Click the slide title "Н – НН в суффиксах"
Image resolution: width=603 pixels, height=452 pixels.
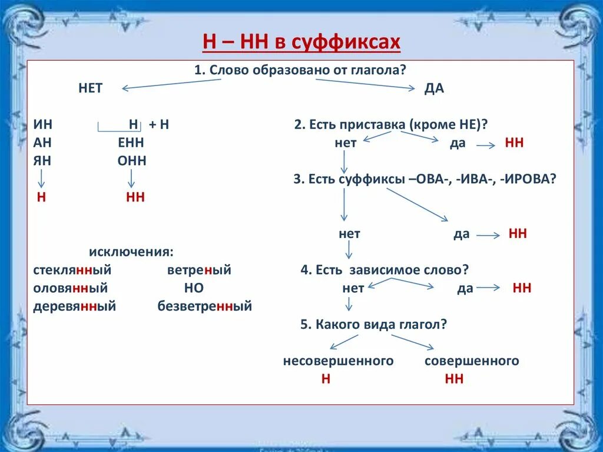301,42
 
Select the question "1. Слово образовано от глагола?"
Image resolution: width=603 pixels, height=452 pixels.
301,70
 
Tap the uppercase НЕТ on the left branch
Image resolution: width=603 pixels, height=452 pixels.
90,88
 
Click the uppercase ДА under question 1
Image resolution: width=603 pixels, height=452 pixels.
434,88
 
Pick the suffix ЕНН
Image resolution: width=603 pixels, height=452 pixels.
131,143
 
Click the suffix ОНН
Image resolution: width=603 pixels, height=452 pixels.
132,161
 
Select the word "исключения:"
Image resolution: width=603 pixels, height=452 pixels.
131,252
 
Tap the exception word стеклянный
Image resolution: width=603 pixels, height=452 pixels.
72,270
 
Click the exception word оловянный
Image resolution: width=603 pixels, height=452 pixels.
71,288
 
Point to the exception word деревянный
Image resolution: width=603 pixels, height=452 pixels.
75,306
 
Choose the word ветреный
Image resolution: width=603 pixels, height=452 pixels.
199,270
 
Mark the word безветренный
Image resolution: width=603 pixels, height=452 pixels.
204,306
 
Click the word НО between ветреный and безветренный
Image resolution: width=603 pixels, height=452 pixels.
194,288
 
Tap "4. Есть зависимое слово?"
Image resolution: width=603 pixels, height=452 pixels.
385,270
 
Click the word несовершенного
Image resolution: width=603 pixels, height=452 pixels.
338,361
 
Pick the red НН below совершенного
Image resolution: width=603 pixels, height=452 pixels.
454,379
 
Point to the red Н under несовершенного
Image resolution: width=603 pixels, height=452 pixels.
326,379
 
